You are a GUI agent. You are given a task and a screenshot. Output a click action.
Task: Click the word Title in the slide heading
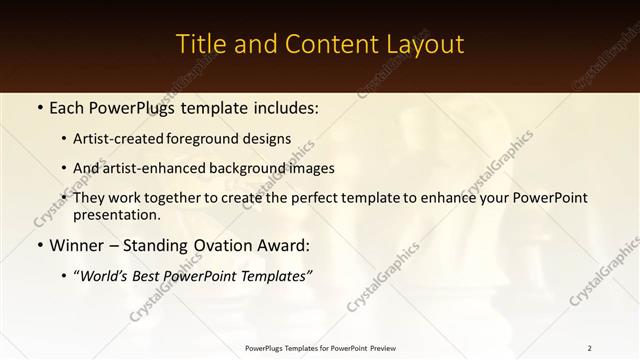tap(200, 45)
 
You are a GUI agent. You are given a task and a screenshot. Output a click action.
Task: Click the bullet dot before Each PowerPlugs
tap(39, 106)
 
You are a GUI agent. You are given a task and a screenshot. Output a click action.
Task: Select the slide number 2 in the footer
tap(590, 348)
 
